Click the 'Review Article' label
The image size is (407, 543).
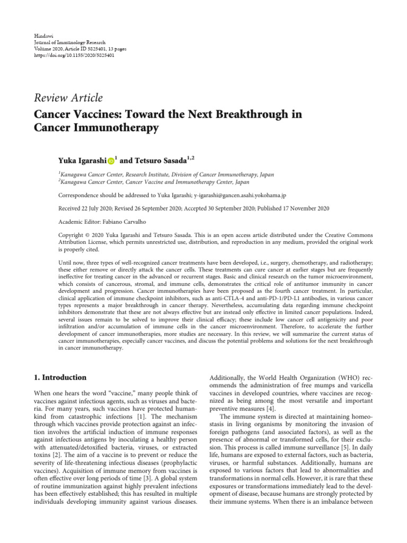click(68, 98)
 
